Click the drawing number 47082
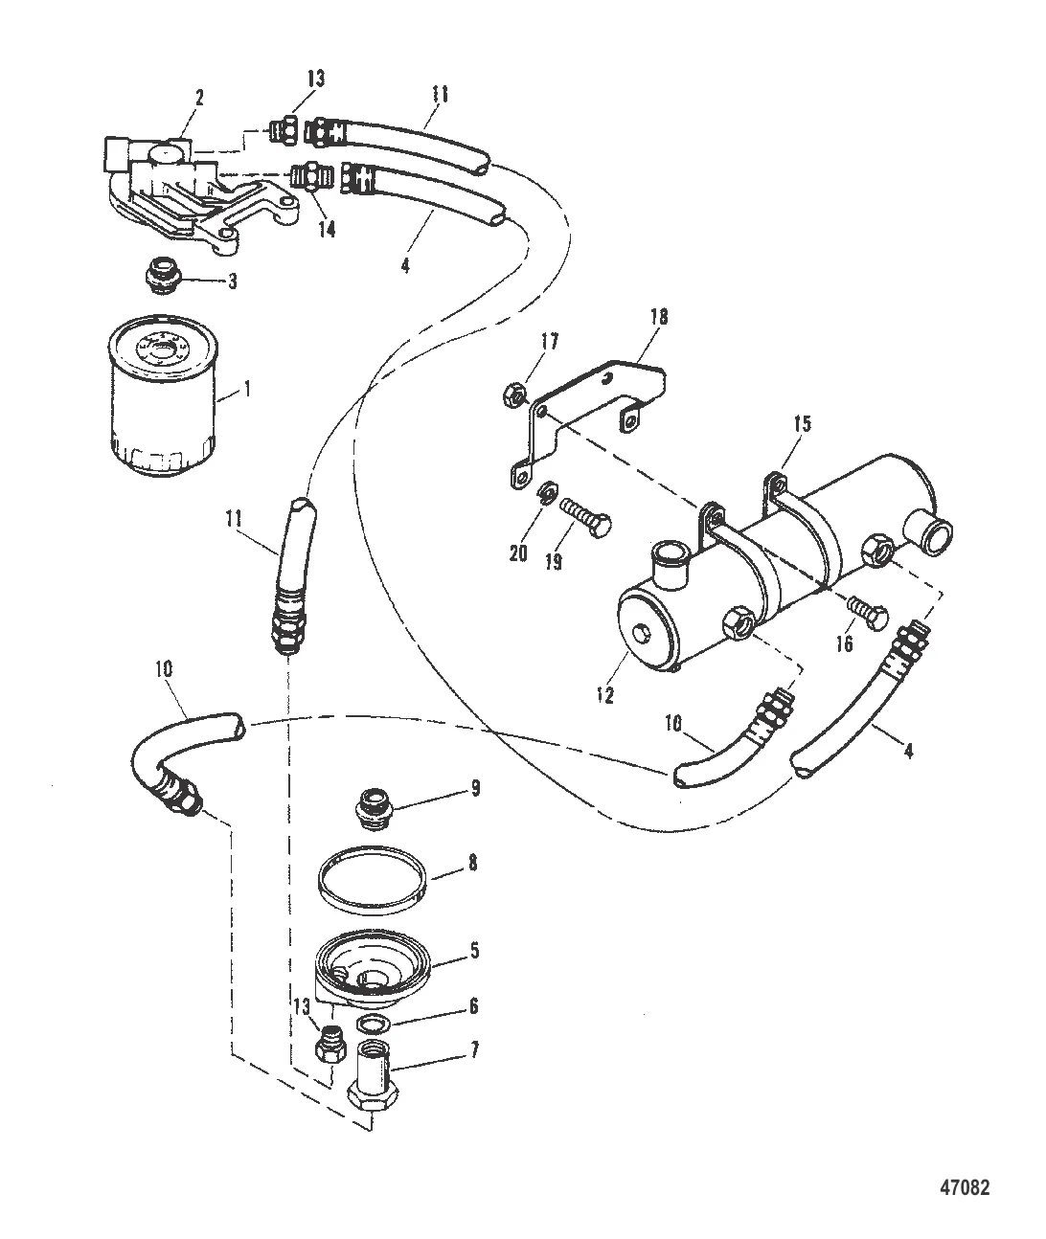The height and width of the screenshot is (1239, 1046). (x=965, y=1171)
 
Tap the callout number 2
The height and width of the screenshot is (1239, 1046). (x=199, y=99)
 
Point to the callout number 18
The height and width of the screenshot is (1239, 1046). (x=658, y=317)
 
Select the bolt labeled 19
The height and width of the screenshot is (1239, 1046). (x=585, y=517)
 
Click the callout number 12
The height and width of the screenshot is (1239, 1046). (x=605, y=695)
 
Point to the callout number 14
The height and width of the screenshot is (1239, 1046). (x=327, y=229)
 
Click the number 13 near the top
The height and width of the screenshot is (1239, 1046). (x=316, y=79)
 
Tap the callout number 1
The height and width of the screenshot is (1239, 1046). (x=247, y=390)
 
